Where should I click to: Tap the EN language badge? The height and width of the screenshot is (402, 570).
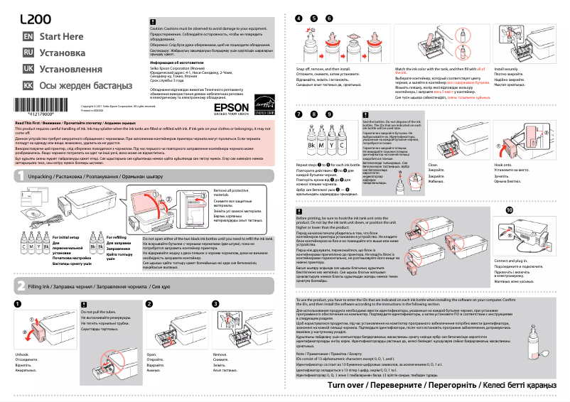tap(28, 36)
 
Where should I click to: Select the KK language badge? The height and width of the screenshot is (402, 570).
tap(28, 85)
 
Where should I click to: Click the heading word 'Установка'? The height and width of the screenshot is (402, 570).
tap(63, 53)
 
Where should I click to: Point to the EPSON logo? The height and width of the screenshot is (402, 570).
tap(226, 109)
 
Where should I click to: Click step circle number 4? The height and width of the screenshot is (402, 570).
tap(299, 18)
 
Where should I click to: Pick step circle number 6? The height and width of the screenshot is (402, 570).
tap(329, 18)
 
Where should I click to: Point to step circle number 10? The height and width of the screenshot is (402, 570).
tap(509, 210)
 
